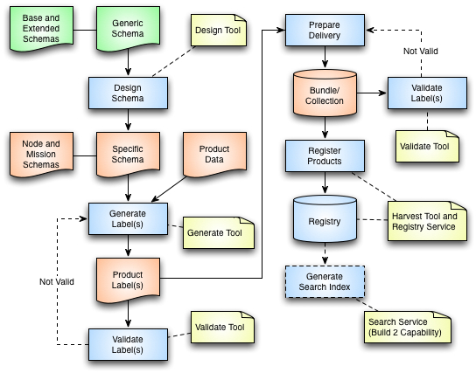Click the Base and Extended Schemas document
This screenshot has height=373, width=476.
[41, 29]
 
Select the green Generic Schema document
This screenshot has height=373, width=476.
[128, 29]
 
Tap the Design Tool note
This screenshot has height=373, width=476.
[218, 31]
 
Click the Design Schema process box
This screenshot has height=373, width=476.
[128, 93]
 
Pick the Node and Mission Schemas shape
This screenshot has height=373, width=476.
[41, 155]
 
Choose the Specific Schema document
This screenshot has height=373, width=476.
[128, 155]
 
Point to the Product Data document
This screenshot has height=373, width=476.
[214, 155]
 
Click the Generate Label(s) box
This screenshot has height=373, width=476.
[128, 218]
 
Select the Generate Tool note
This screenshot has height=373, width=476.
[219, 232]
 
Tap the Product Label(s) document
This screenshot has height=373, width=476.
[128, 280]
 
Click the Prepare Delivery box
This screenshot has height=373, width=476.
[325, 30]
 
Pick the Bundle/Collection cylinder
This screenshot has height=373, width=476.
[325, 93]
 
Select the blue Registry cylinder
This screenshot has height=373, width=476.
[325, 218]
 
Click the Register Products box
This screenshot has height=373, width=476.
[325, 155]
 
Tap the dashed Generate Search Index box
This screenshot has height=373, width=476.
[325, 282]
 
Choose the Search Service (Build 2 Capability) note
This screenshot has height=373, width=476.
[408, 327]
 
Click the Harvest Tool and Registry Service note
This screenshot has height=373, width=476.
[427, 221]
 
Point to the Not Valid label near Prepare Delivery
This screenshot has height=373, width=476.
[421, 52]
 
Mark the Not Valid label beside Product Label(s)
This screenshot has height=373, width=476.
[57, 282]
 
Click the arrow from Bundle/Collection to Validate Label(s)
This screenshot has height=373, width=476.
[372, 93]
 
